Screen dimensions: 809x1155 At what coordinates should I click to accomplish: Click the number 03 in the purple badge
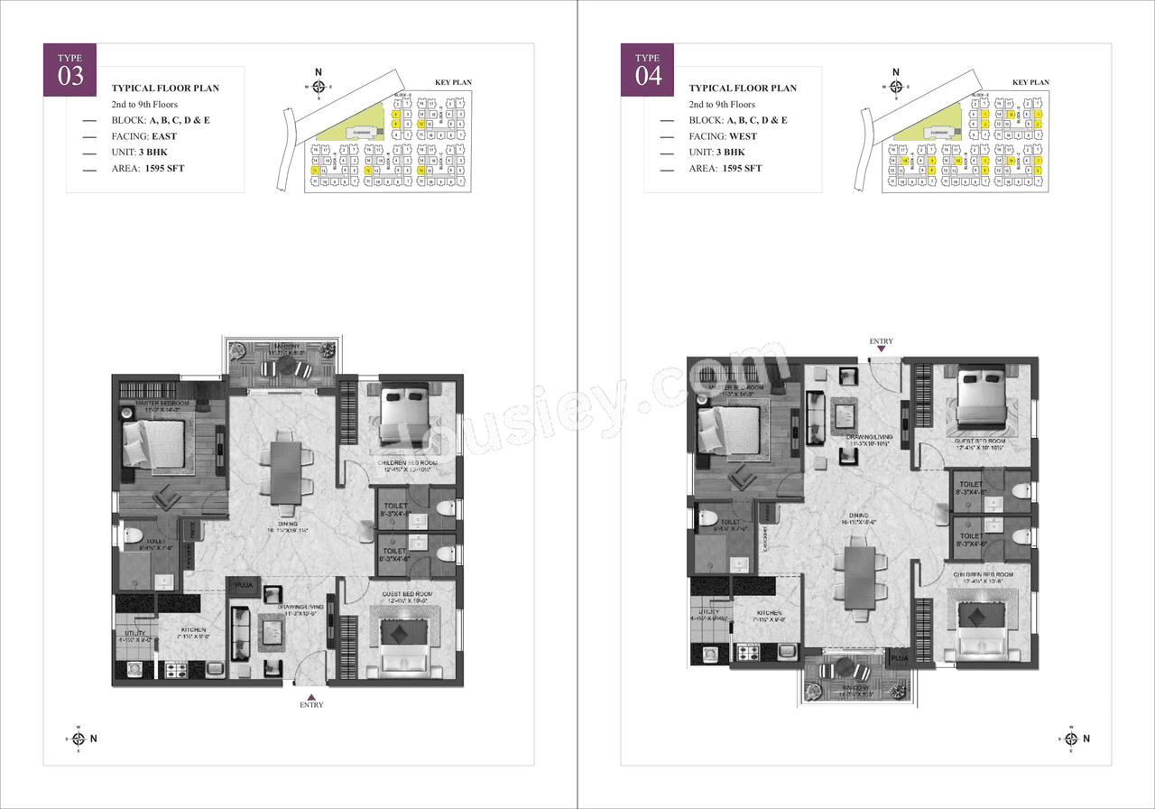coord(71,77)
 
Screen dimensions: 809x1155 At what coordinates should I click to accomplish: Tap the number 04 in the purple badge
coord(649,77)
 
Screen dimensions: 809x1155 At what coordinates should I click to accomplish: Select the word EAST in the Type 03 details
coord(164,136)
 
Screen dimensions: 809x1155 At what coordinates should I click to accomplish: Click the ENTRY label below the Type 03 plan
coord(310,705)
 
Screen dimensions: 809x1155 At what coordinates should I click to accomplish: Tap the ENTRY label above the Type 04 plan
coord(882,341)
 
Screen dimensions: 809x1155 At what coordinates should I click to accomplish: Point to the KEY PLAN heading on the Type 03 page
coord(454,83)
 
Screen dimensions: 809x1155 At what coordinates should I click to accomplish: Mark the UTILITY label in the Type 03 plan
coord(133,633)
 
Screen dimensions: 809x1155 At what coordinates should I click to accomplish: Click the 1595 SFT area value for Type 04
coord(742,169)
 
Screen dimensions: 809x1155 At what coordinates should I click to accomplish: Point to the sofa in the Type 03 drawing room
coord(241,633)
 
